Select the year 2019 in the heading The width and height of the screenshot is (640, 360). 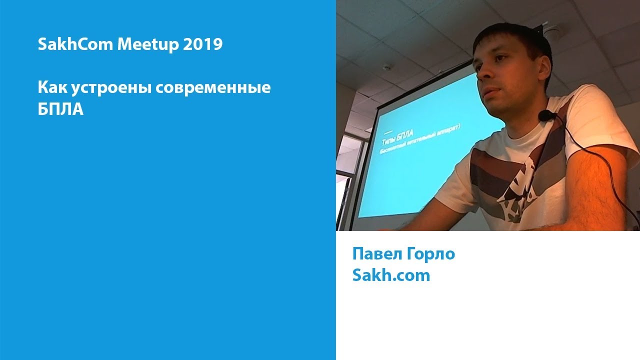[202, 45]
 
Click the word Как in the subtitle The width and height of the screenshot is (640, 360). [52, 88]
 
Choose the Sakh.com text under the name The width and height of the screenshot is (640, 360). [391, 275]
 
